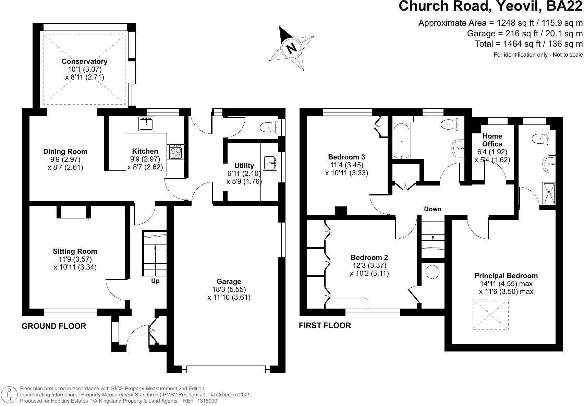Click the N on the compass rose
291,48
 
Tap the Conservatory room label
84,61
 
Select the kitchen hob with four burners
175,152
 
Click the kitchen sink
146,124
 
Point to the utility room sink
270,163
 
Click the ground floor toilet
269,127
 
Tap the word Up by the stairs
155,281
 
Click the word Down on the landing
433,209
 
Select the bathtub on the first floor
402,141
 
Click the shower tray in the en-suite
549,193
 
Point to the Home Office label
492,140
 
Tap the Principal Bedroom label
506,276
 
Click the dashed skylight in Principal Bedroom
490,314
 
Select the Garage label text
229,282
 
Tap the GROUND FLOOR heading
54,326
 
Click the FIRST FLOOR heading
325,326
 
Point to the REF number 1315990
207,401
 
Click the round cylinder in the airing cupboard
432,272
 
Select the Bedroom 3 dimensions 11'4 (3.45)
346,165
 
